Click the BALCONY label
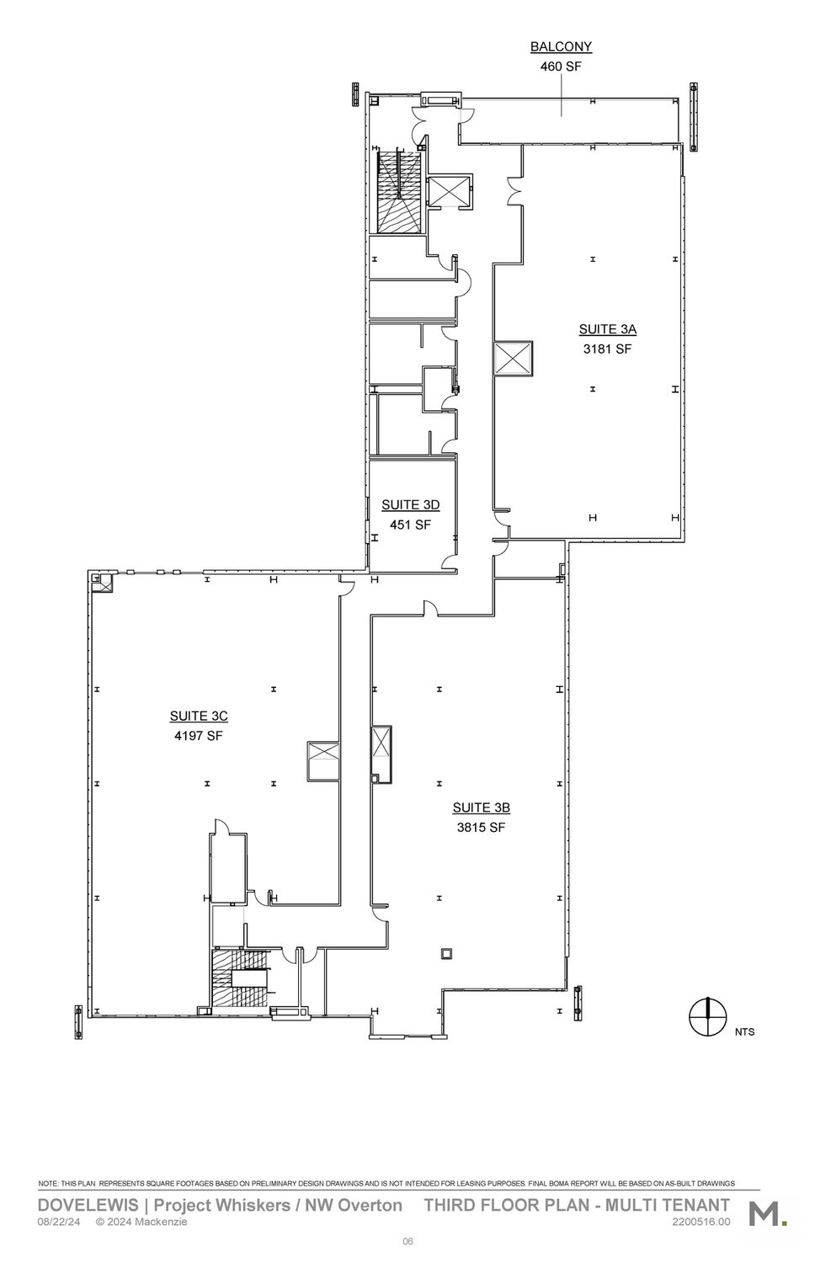pyautogui.click(x=561, y=47)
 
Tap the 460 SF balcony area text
pyautogui.click(x=561, y=67)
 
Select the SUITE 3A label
pyautogui.click(x=608, y=329)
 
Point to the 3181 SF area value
pyautogui.click(x=608, y=349)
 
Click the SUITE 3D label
pyautogui.click(x=410, y=505)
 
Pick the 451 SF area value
pyautogui.click(x=410, y=525)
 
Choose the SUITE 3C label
pyautogui.click(x=199, y=716)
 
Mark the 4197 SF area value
pyautogui.click(x=199, y=736)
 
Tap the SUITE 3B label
pyautogui.click(x=482, y=808)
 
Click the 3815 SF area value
pyautogui.click(x=482, y=828)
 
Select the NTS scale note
pyautogui.click(x=744, y=1032)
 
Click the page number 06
pyautogui.click(x=407, y=1242)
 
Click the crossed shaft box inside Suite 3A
pyautogui.click(x=513, y=358)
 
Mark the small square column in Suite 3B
pyautogui.click(x=447, y=953)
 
